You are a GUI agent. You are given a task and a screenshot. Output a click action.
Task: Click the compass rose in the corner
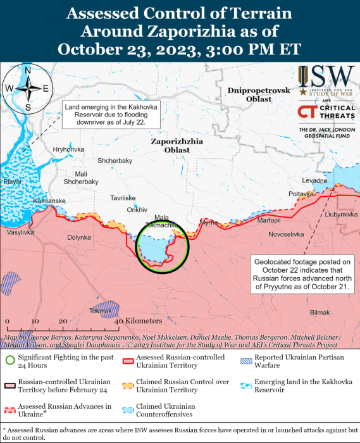[27, 89]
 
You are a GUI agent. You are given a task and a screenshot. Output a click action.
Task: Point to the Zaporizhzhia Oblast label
[177, 146]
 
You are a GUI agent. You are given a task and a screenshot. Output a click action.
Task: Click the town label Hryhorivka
[68, 149]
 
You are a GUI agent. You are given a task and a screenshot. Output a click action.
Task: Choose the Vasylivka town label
[20, 233]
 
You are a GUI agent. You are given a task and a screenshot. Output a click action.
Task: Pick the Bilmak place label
[320, 313]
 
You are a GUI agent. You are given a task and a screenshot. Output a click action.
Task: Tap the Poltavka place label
[301, 194]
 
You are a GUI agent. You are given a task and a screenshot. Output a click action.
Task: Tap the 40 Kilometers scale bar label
[139, 321]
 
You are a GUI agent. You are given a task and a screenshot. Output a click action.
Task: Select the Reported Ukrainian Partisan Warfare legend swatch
[244, 361]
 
